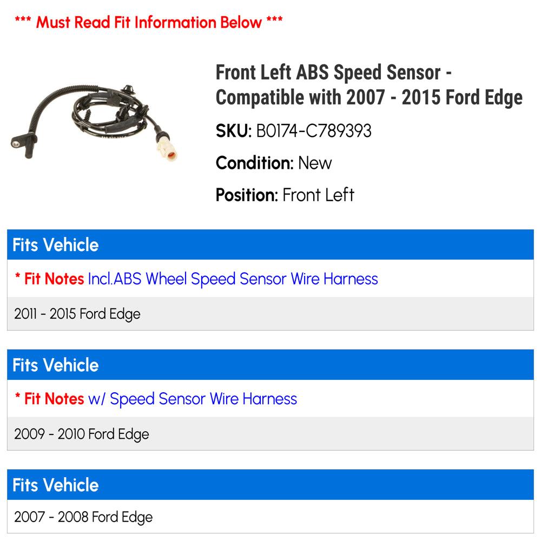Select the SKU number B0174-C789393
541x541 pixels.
[x=314, y=131]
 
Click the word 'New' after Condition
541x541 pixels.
[x=315, y=163]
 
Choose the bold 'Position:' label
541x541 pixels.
[x=247, y=195]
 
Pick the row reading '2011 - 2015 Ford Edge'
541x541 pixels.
[x=77, y=314]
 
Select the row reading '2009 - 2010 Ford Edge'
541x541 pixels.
[x=82, y=434]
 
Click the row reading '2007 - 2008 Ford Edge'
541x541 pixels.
[x=83, y=517]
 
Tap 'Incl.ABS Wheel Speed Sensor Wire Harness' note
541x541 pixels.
[x=233, y=279]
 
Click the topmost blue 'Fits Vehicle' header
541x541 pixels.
[x=56, y=245]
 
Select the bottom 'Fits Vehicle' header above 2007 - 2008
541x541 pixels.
[x=56, y=485]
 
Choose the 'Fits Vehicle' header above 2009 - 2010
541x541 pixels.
[x=56, y=365]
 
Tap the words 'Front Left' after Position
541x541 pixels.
[x=318, y=195]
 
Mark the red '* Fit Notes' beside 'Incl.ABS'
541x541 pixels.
[x=49, y=279]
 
